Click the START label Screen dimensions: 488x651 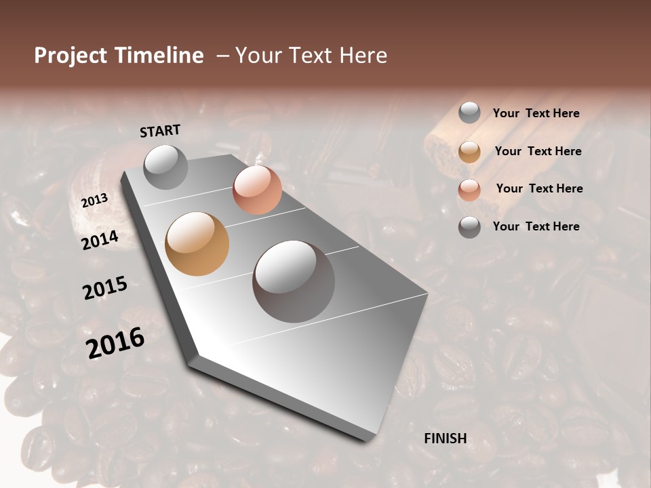coord(160,131)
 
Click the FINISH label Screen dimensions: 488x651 coord(445,439)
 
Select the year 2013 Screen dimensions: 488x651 coord(94,201)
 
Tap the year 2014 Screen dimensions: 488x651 coord(100,240)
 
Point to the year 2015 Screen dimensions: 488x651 coord(105,288)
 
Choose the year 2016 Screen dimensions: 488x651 coord(115,343)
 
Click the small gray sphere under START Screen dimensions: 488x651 coord(165,167)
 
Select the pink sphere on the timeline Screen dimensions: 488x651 coord(257,190)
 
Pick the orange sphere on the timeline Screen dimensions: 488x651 coord(197,244)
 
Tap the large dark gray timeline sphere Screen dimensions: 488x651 coord(294,281)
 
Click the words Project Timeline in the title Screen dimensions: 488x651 coord(119,56)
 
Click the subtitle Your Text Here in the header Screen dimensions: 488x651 coord(311,56)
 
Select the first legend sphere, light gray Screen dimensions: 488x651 coord(469,113)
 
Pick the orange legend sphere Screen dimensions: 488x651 coord(469,152)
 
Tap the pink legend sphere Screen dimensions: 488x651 coord(469,190)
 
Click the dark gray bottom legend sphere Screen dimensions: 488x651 coord(469,227)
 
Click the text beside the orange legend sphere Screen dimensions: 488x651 coord(538,151)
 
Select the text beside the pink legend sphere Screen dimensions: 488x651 coord(539,188)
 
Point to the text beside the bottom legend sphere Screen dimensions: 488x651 coord(536,226)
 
